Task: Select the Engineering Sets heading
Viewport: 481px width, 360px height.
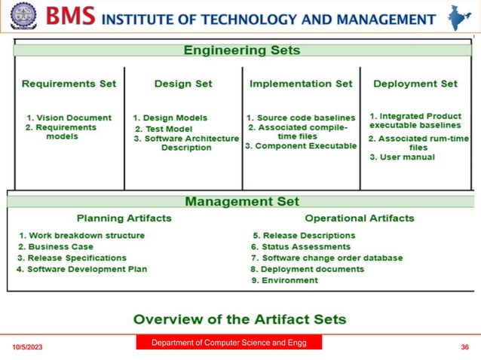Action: [x=242, y=51]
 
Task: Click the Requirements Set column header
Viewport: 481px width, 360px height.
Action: [x=69, y=84]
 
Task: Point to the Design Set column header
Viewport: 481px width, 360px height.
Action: [x=183, y=84]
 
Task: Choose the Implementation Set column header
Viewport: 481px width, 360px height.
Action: [x=301, y=84]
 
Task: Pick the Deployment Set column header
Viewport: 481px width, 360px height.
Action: [x=415, y=84]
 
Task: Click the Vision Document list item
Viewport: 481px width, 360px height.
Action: [x=69, y=117]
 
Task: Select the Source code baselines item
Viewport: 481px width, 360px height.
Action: [x=301, y=117]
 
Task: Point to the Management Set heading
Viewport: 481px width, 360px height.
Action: [x=242, y=201]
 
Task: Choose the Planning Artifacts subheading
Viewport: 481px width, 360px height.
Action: [x=124, y=218]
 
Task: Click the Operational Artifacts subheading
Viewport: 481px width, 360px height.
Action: [x=359, y=218]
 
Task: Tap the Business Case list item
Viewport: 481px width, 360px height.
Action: [x=56, y=246]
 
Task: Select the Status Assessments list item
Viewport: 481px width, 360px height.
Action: [x=303, y=246]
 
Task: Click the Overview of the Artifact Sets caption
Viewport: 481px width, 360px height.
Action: [x=240, y=319]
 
